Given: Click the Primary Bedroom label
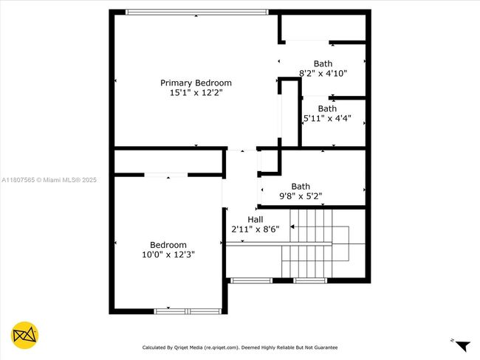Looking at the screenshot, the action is [196, 83].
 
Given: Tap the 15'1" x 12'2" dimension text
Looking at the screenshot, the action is [196, 92].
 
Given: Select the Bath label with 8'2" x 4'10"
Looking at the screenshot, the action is [323, 63].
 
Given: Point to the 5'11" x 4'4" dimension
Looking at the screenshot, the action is [327, 118].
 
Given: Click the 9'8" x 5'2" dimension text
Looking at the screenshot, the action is [301, 196].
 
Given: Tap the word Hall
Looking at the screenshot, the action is [256, 219].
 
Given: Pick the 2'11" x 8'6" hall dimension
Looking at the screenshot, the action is [256, 229].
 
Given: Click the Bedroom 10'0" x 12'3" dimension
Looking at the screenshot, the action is [168, 255].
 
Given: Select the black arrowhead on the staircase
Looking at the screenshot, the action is [292, 226].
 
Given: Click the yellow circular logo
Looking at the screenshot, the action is [25, 335].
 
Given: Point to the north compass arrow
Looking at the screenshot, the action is [463, 346].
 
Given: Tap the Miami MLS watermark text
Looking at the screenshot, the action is [49, 180].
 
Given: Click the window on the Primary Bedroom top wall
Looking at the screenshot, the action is [197, 13].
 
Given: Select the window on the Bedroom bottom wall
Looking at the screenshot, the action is [188, 311].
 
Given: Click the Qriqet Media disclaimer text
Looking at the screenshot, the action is [240, 347].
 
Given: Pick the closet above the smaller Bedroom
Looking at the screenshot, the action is [168, 162].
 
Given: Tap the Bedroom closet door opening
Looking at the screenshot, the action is [165, 175].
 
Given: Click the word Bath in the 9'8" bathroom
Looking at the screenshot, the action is [301, 186].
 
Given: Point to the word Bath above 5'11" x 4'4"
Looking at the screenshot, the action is [327, 108].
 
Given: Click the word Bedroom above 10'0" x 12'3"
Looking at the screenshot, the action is [168, 245].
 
